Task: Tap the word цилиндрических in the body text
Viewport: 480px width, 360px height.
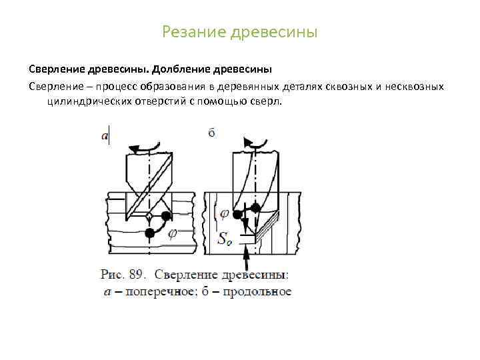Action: click(x=86, y=101)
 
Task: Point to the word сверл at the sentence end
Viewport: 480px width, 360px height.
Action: click(x=267, y=101)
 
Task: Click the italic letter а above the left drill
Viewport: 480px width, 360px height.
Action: click(x=104, y=136)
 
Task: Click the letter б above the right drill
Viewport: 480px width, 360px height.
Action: click(x=211, y=133)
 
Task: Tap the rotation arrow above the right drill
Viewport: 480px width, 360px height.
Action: click(x=257, y=141)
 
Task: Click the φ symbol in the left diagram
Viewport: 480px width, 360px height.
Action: click(x=172, y=233)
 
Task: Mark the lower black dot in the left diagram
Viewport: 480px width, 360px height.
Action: click(x=151, y=232)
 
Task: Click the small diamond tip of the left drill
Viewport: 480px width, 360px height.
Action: click(x=149, y=217)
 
